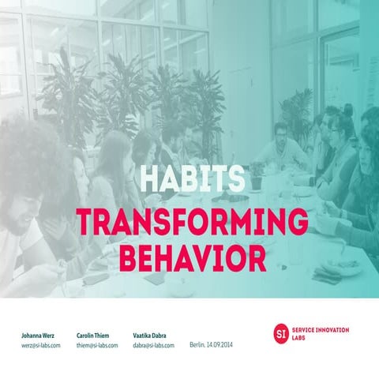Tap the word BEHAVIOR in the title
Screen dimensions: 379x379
(189, 257)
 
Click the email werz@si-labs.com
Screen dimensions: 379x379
(41, 346)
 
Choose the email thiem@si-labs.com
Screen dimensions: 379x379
(98, 346)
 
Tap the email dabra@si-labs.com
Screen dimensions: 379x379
(154, 346)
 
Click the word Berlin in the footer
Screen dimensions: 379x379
(197, 345)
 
